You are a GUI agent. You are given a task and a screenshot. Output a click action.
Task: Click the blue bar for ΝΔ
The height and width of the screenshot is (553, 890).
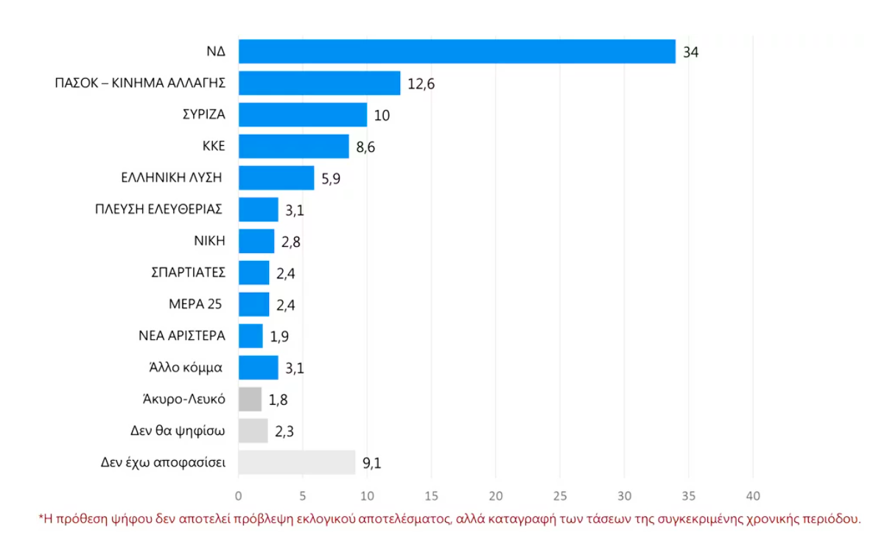(457, 52)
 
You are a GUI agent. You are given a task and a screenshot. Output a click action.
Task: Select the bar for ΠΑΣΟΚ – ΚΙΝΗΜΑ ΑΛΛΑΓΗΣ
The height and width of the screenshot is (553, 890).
(319, 83)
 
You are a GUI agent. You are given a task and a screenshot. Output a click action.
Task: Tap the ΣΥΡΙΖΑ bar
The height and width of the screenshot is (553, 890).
(303, 115)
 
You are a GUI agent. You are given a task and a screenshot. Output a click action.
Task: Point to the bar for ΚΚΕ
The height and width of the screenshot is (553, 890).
(293, 147)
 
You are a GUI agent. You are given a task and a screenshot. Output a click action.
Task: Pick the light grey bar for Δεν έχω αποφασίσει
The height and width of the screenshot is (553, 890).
(296, 462)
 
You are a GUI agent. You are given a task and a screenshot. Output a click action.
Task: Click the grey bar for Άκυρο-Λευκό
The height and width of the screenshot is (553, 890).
(250, 399)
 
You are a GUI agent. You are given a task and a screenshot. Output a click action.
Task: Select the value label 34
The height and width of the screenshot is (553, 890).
(690, 52)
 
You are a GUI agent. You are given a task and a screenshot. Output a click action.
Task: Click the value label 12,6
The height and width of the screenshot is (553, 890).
(421, 84)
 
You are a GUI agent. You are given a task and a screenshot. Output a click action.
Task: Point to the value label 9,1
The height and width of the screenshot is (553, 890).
(371, 463)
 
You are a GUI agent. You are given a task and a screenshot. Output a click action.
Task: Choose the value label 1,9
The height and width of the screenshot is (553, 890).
(278, 336)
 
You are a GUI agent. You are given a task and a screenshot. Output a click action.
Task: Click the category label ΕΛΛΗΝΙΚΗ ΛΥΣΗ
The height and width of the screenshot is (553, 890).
(172, 178)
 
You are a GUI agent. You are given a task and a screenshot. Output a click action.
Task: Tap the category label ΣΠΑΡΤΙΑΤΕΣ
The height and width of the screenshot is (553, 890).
(187, 273)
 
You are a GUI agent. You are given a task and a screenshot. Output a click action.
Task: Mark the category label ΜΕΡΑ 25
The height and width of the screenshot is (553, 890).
(195, 305)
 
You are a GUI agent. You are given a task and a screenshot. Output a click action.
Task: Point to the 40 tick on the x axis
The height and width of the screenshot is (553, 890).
(753, 495)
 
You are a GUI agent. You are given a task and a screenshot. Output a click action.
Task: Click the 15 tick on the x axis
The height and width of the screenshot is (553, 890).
(431, 495)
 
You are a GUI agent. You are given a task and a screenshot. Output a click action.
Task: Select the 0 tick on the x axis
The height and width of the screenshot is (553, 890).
(239, 495)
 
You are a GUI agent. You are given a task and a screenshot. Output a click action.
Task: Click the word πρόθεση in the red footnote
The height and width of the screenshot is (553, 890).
(80, 519)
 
